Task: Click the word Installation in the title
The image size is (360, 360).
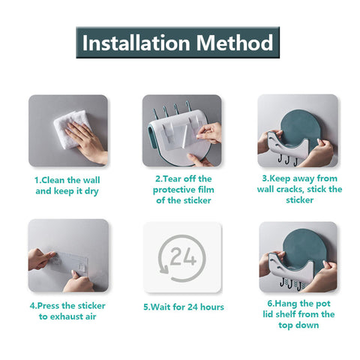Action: pos(136,43)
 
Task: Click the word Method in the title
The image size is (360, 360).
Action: pos(235,43)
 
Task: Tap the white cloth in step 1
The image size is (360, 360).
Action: pos(73,129)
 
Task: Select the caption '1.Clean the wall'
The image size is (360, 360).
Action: pos(67,180)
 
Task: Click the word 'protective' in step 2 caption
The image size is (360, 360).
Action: pos(175,190)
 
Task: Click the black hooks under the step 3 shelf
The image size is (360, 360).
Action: pos(288,159)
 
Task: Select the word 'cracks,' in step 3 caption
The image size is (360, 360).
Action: pos(288,189)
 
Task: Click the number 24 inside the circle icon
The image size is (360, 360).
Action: pos(183,256)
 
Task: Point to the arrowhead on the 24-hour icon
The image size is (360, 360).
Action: pos(163,269)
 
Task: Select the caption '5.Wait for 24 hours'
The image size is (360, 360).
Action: pos(184,307)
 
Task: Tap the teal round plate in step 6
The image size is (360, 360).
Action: pos(304,250)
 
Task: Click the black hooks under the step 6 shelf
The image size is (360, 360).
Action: pos(291,283)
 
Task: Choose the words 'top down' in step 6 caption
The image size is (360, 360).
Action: pos(298,325)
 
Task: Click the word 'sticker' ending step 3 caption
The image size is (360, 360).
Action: pos(299,200)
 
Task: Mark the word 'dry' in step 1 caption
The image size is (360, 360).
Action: pos(91,191)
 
